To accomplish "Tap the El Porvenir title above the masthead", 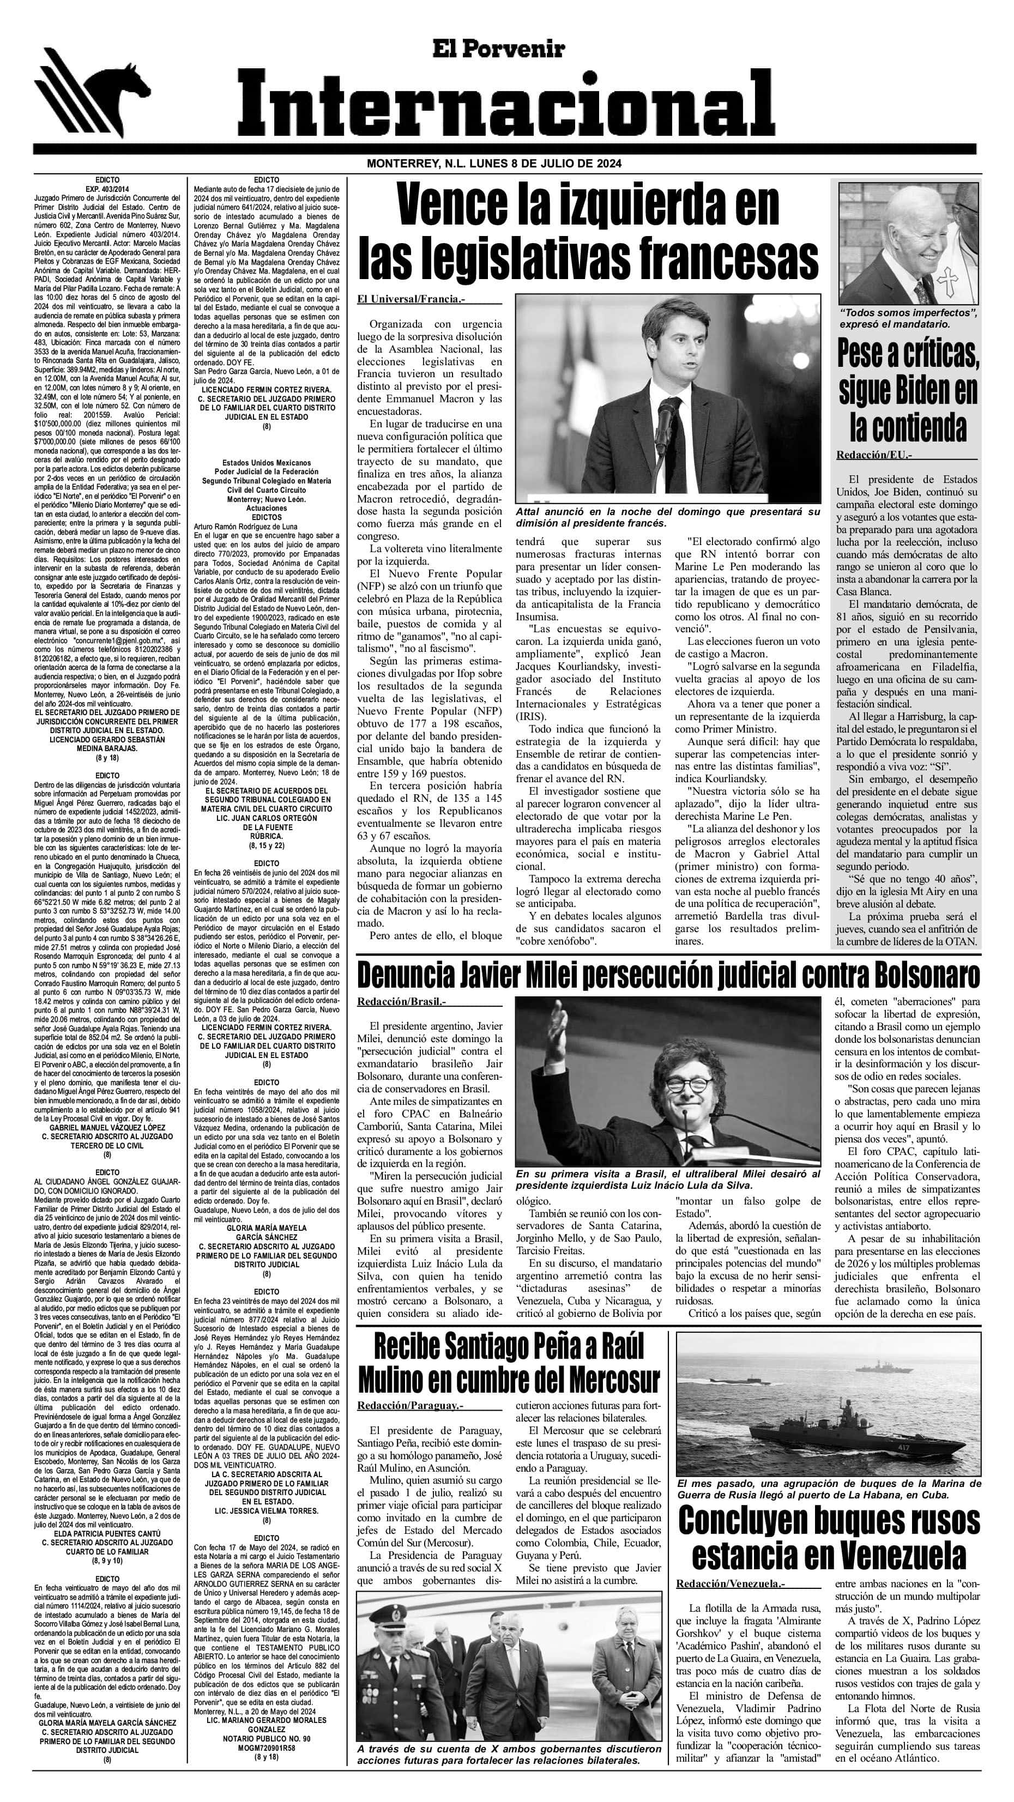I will (508, 49).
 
